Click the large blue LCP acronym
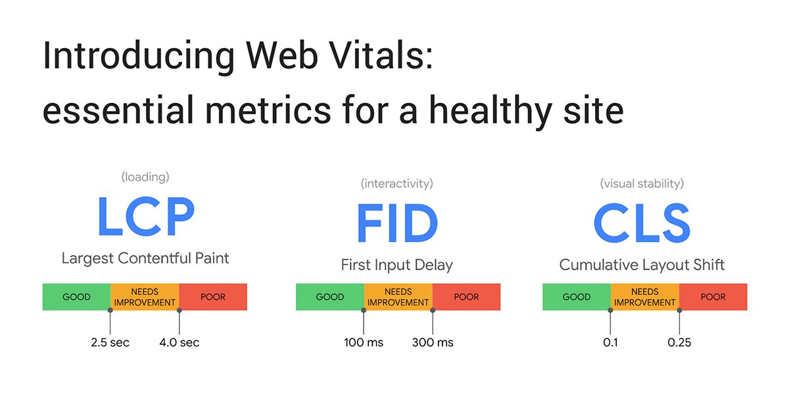click(146, 216)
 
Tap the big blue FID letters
click(397, 223)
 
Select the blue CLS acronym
click(642, 223)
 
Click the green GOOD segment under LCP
click(76, 297)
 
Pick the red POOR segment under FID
click(466, 297)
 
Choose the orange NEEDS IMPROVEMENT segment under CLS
click(645, 297)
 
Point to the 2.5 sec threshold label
click(110, 342)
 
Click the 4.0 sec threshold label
click(179, 342)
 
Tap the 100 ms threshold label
click(364, 342)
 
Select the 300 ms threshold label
click(433, 342)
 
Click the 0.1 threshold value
click(610, 342)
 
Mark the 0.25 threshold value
click(679, 342)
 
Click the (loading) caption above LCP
click(145, 177)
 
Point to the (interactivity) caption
click(397, 183)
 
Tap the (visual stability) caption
click(642, 183)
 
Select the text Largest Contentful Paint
click(145, 258)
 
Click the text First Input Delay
click(397, 265)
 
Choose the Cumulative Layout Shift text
click(642, 265)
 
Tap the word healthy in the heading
click(490, 111)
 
